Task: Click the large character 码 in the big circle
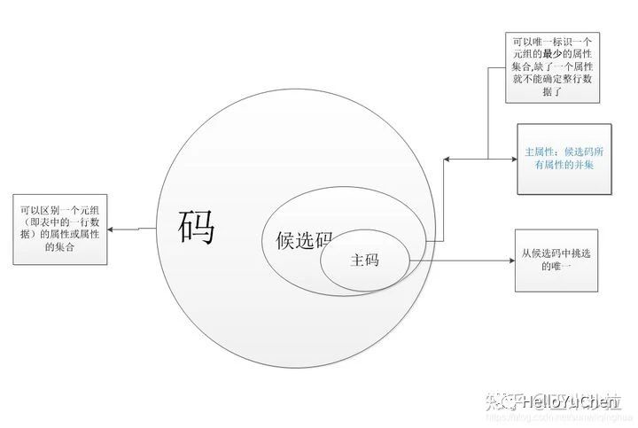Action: pos(197,227)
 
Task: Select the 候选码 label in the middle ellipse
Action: pos(298,240)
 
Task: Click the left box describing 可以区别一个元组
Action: pos(60,229)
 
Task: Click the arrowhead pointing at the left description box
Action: pos(114,230)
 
